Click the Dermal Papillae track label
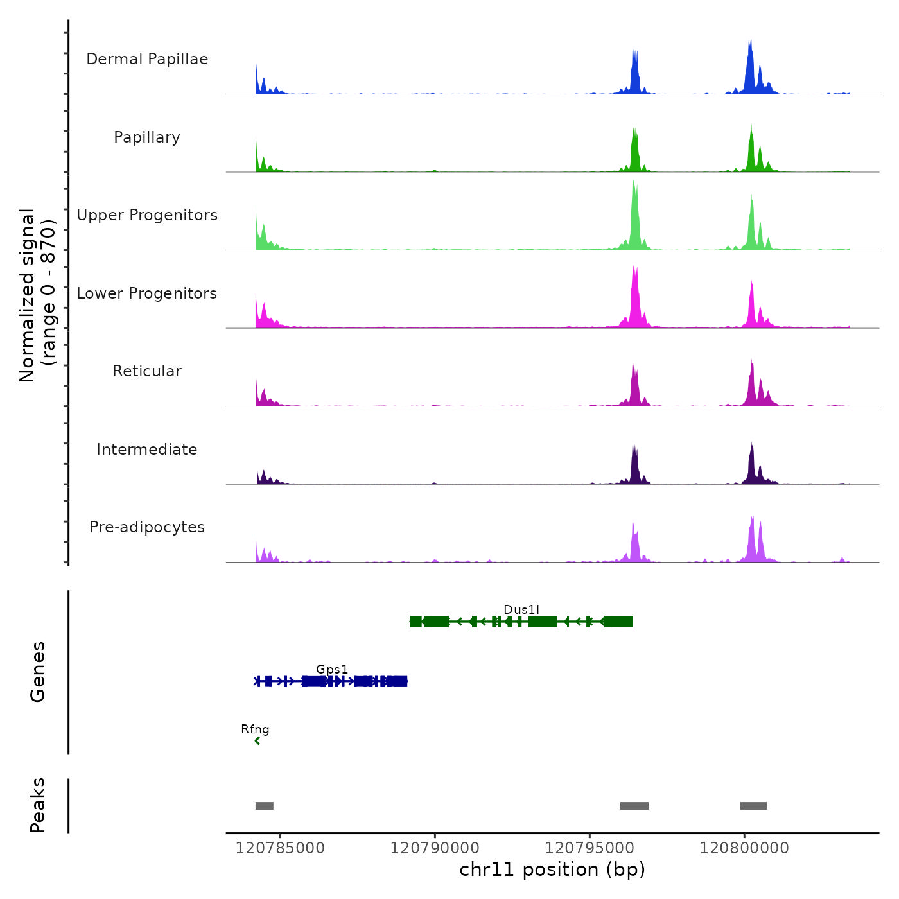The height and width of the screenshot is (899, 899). tap(147, 59)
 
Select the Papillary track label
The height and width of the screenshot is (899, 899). tap(147, 137)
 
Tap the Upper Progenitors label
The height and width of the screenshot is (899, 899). tap(147, 215)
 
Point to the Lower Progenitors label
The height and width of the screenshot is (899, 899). tap(147, 293)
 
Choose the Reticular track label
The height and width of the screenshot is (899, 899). tap(147, 371)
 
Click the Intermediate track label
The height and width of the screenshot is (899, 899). tap(147, 449)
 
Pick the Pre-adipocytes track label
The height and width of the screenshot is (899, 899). tap(147, 527)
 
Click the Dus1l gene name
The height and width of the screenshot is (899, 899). tap(521, 609)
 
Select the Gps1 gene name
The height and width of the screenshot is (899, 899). tap(332, 669)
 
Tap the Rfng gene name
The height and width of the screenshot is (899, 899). tap(255, 729)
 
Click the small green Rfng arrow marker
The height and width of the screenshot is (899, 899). tap(257, 741)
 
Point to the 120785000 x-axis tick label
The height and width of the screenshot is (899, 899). tap(280, 848)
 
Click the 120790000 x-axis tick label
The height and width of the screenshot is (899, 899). tap(435, 848)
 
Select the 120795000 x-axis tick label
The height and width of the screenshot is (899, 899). tap(589, 848)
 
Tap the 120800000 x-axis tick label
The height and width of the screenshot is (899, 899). tap(744, 848)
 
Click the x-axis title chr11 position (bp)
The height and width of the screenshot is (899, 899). tap(552, 869)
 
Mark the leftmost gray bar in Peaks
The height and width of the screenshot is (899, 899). tap(265, 806)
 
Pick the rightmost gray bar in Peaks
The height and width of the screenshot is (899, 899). tap(753, 806)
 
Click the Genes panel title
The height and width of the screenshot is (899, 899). tap(38, 672)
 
